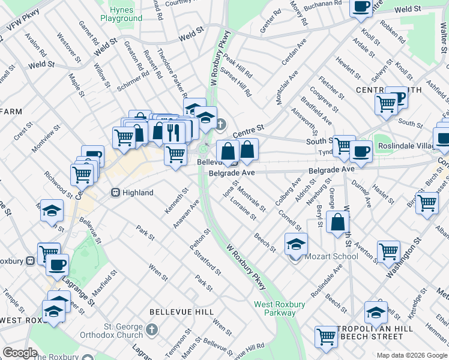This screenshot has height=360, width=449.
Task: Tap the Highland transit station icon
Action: [114, 193]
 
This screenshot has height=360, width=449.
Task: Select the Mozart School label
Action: [331, 256]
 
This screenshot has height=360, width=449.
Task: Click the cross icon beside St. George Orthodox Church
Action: [152, 329]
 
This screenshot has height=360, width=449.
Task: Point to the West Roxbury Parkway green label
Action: [279, 308]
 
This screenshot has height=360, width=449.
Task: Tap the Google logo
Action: [20, 353]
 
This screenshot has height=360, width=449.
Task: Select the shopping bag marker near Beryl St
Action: [338, 222]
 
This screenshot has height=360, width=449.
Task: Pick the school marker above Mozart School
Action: [296, 244]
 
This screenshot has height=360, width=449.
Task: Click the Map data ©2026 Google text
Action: [412, 355]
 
